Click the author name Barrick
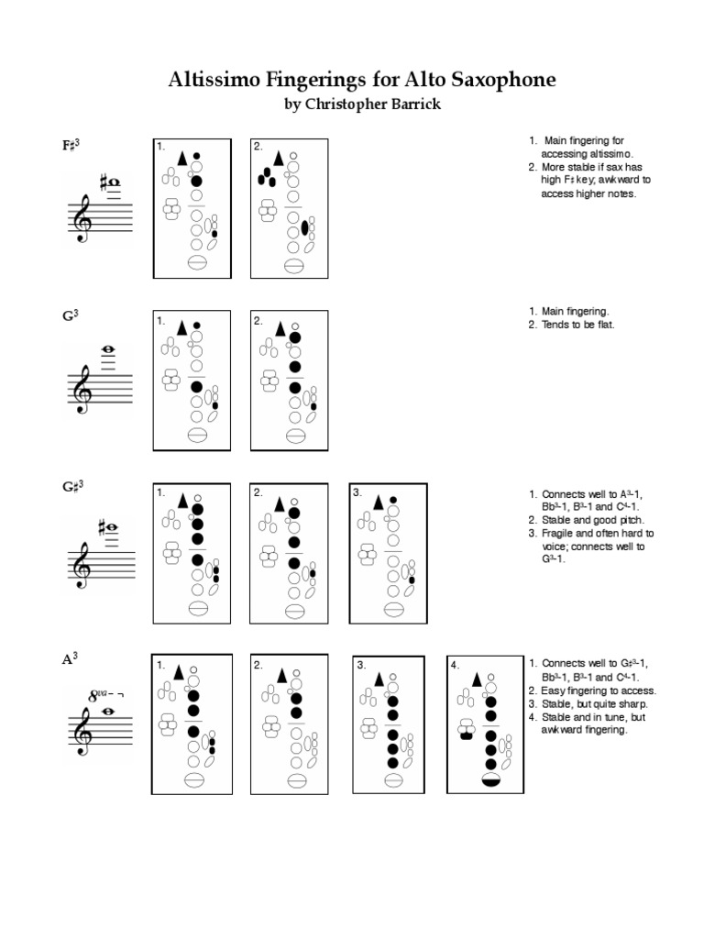click(x=412, y=105)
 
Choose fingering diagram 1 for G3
click(x=192, y=380)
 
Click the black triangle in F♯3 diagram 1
click(x=181, y=159)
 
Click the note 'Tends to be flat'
click(x=573, y=325)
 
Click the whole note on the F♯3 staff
click(x=114, y=182)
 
